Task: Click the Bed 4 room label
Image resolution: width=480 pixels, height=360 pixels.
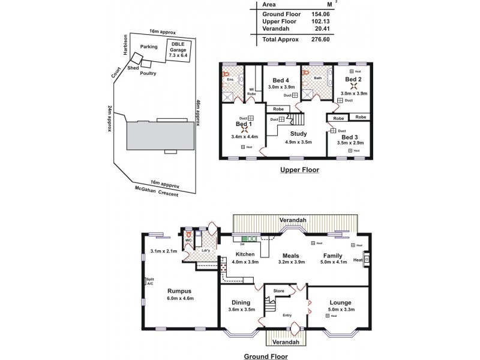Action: (x=280, y=80)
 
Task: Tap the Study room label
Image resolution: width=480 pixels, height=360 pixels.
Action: (x=298, y=134)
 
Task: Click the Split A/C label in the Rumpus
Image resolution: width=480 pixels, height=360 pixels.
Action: (x=149, y=281)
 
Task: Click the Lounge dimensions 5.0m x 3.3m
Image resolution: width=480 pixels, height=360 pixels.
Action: (x=340, y=310)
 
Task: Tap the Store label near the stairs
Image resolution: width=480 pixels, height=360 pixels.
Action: (x=278, y=292)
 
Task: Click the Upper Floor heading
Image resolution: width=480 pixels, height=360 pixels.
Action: (x=299, y=170)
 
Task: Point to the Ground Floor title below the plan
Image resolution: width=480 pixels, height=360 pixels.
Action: (x=265, y=356)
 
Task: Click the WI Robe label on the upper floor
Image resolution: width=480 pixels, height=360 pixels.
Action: (x=253, y=92)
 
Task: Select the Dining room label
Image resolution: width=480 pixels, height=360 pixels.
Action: (x=242, y=303)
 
